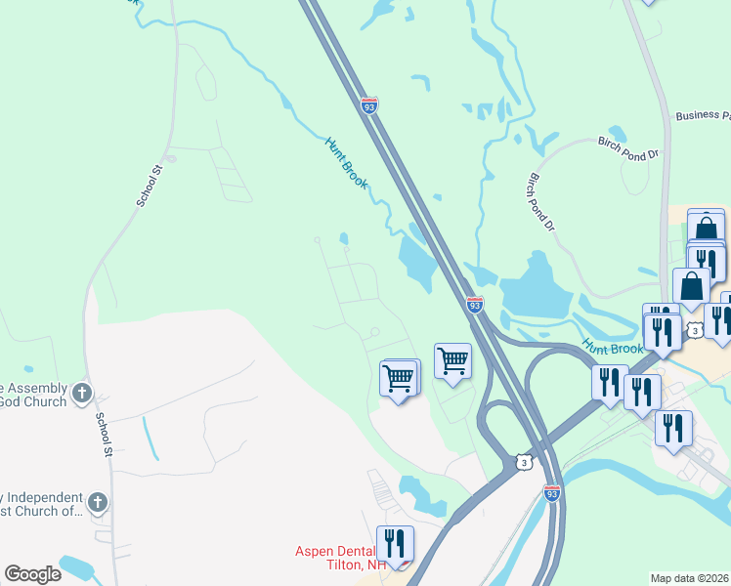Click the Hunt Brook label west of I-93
point(347,161)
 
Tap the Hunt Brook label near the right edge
point(614,347)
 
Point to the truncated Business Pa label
point(702,115)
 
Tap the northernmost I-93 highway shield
point(368,105)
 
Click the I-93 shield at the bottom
point(552,493)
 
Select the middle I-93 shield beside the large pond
point(474,306)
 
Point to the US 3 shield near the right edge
point(695,330)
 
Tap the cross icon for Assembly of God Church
point(82,394)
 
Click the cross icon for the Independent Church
point(96,502)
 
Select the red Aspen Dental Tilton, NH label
point(341,558)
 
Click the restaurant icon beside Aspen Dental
point(395,543)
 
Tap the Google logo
point(32,574)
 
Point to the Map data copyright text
point(689,578)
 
